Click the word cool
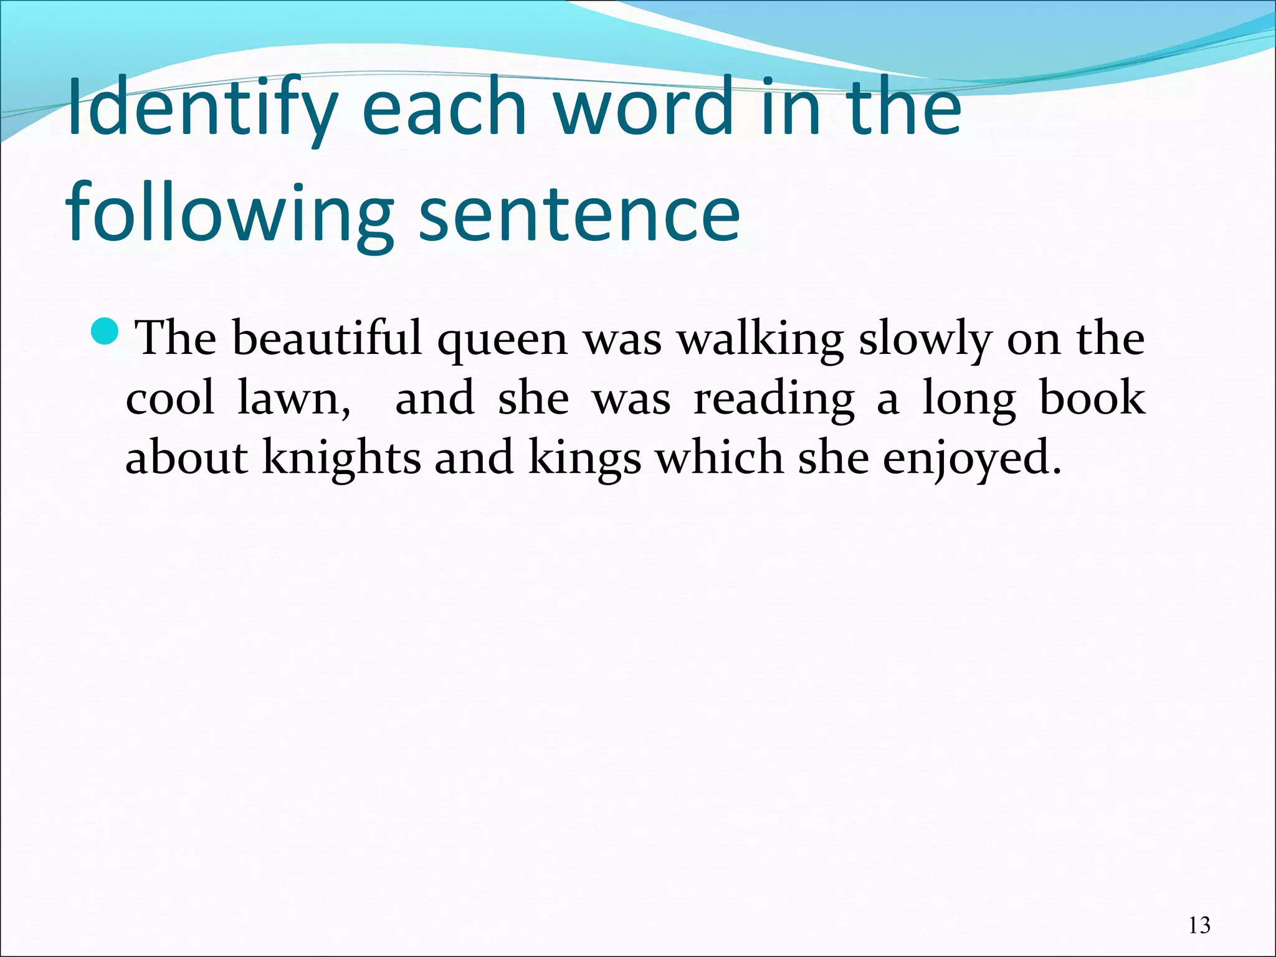pyautogui.click(x=170, y=399)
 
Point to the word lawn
pyautogui.click(x=293, y=399)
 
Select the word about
pyautogui.click(x=187, y=458)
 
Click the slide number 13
pyautogui.click(x=1199, y=925)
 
